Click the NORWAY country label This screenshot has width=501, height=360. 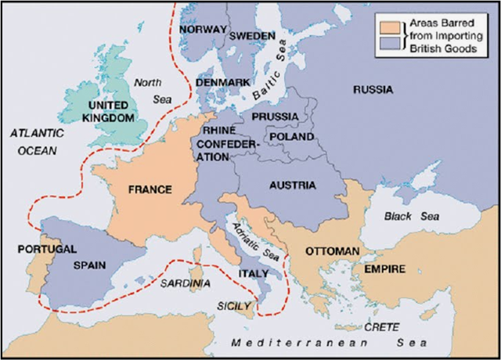[203, 29]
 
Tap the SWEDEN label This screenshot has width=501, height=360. [251, 36]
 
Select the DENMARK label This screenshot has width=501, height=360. [223, 82]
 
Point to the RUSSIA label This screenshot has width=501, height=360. [373, 89]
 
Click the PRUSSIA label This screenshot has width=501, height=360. [274, 117]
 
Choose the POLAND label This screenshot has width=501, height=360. [291, 136]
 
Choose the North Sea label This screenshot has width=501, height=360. [148, 88]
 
